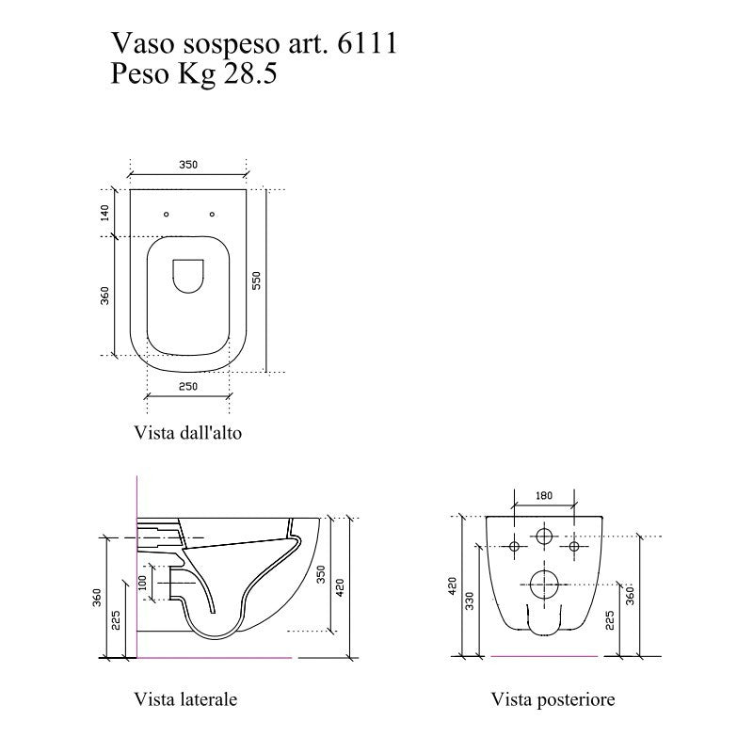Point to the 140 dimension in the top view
click(x=104, y=213)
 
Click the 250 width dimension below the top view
click(x=188, y=386)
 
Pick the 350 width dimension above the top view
click(x=187, y=165)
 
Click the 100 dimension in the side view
click(x=143, y=584)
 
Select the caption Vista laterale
click(x=185, y=699)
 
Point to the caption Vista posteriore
click(x=553, y=699)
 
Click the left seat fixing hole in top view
click(x=166, y=214)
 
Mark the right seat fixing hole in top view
click(x=212, y=214)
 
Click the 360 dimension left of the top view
click(x=104, y=295)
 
